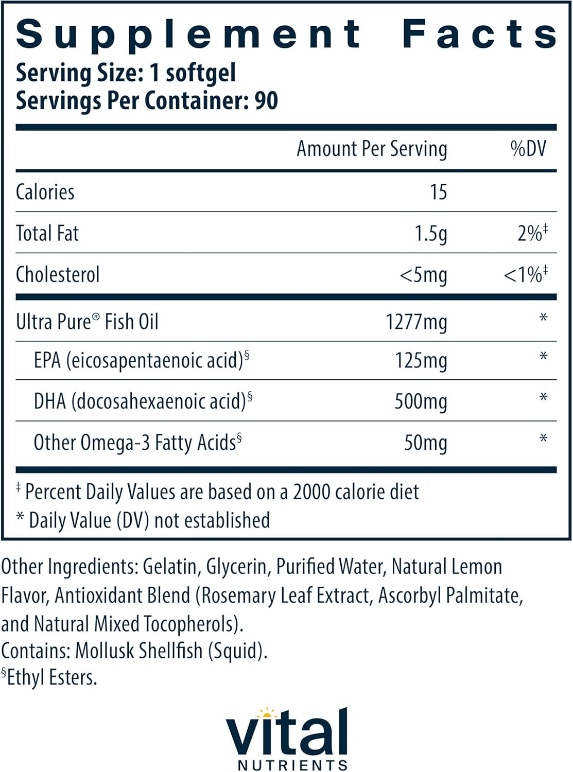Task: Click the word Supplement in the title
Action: coord(188,35)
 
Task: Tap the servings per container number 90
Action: coord(266,100)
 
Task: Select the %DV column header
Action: coord(528,149)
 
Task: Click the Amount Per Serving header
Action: coord(372,149)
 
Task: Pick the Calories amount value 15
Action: coord(438,192)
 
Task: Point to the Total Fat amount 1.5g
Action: coord(430,234)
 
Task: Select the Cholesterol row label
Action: coord(58,274)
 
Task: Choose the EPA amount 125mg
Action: coord(421,361)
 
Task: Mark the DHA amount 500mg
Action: coord(421,401)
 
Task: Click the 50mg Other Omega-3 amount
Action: coord(425,443)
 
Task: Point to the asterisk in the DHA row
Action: coord(543,398)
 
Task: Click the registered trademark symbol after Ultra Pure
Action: coord(96,317)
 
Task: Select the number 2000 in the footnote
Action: coord(311,492)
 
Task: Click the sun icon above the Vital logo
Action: coord(267,713)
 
